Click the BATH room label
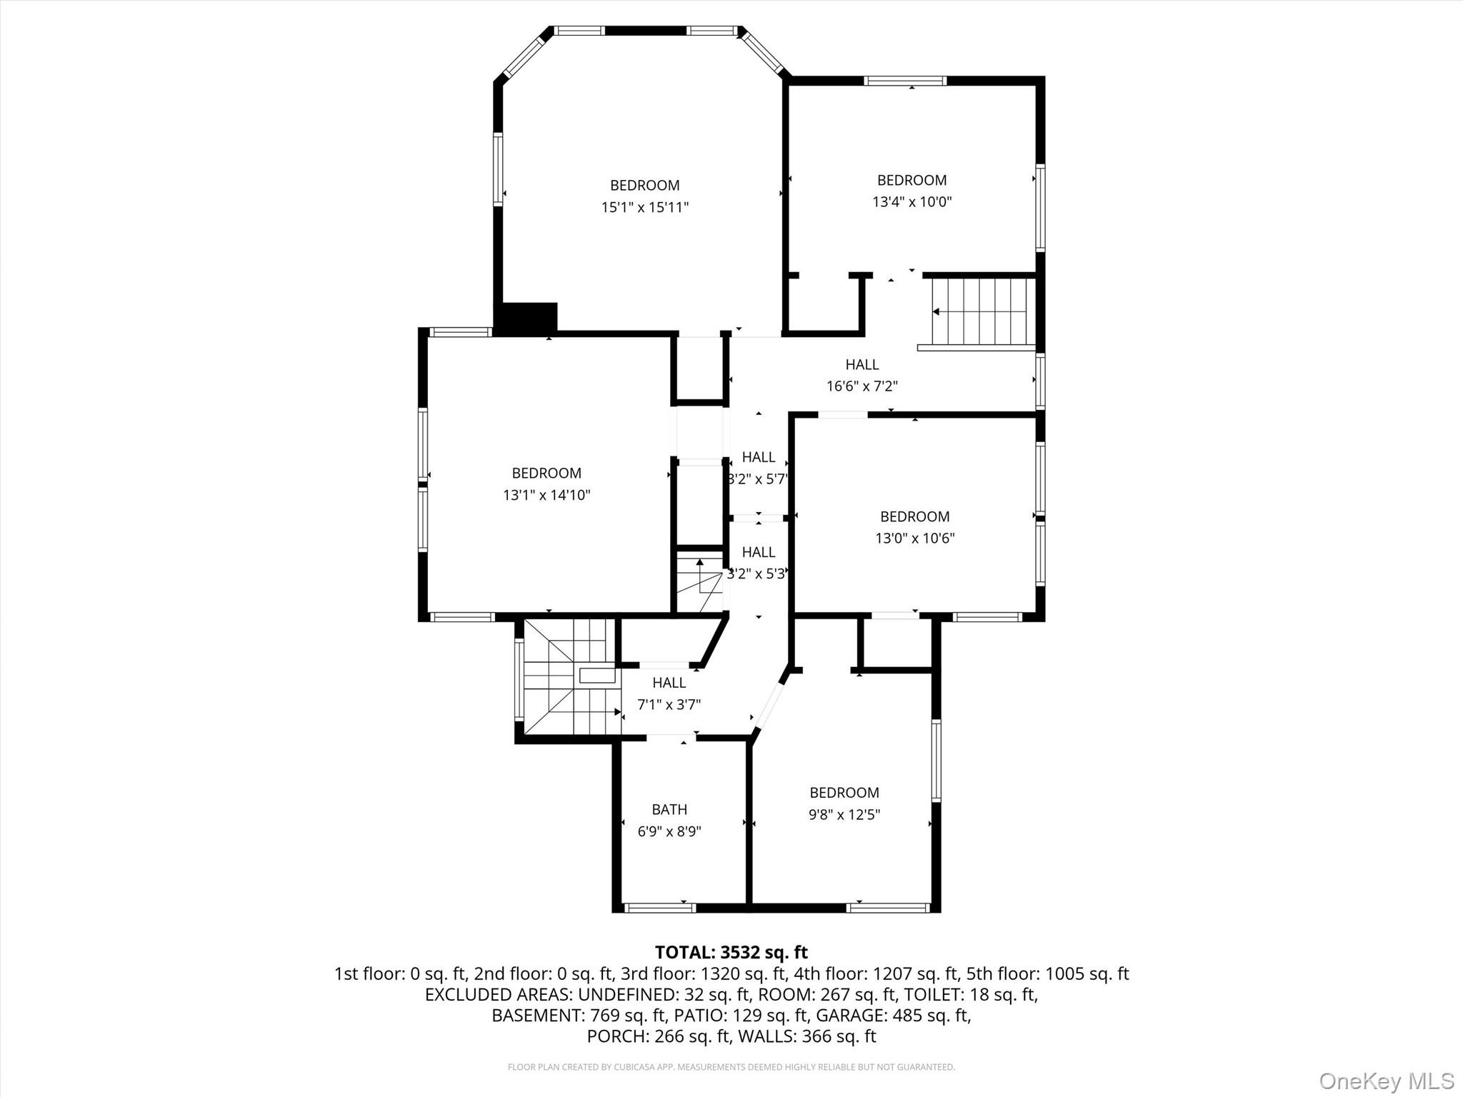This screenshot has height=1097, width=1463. click(x=669, y=809)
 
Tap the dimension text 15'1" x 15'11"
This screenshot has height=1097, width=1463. click(x=644, y=208)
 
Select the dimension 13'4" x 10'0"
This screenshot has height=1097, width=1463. click(x=912, y=202)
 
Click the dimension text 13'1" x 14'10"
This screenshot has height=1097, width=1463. click(x=546, y=495)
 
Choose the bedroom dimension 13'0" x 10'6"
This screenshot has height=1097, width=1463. click(x=914, y=539)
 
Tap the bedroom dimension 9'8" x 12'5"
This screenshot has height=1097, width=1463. click(x=844, y=815)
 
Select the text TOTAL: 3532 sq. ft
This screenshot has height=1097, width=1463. click(x=731, y=952)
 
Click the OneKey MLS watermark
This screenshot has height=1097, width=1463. click(x=1386, y=1081)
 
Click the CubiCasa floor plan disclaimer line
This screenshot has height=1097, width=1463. click(x=731, y=1067)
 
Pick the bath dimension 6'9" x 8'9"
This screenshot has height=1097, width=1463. click(x=669, y=832)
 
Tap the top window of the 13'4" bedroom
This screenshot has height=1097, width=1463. click(x=905, y=81)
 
